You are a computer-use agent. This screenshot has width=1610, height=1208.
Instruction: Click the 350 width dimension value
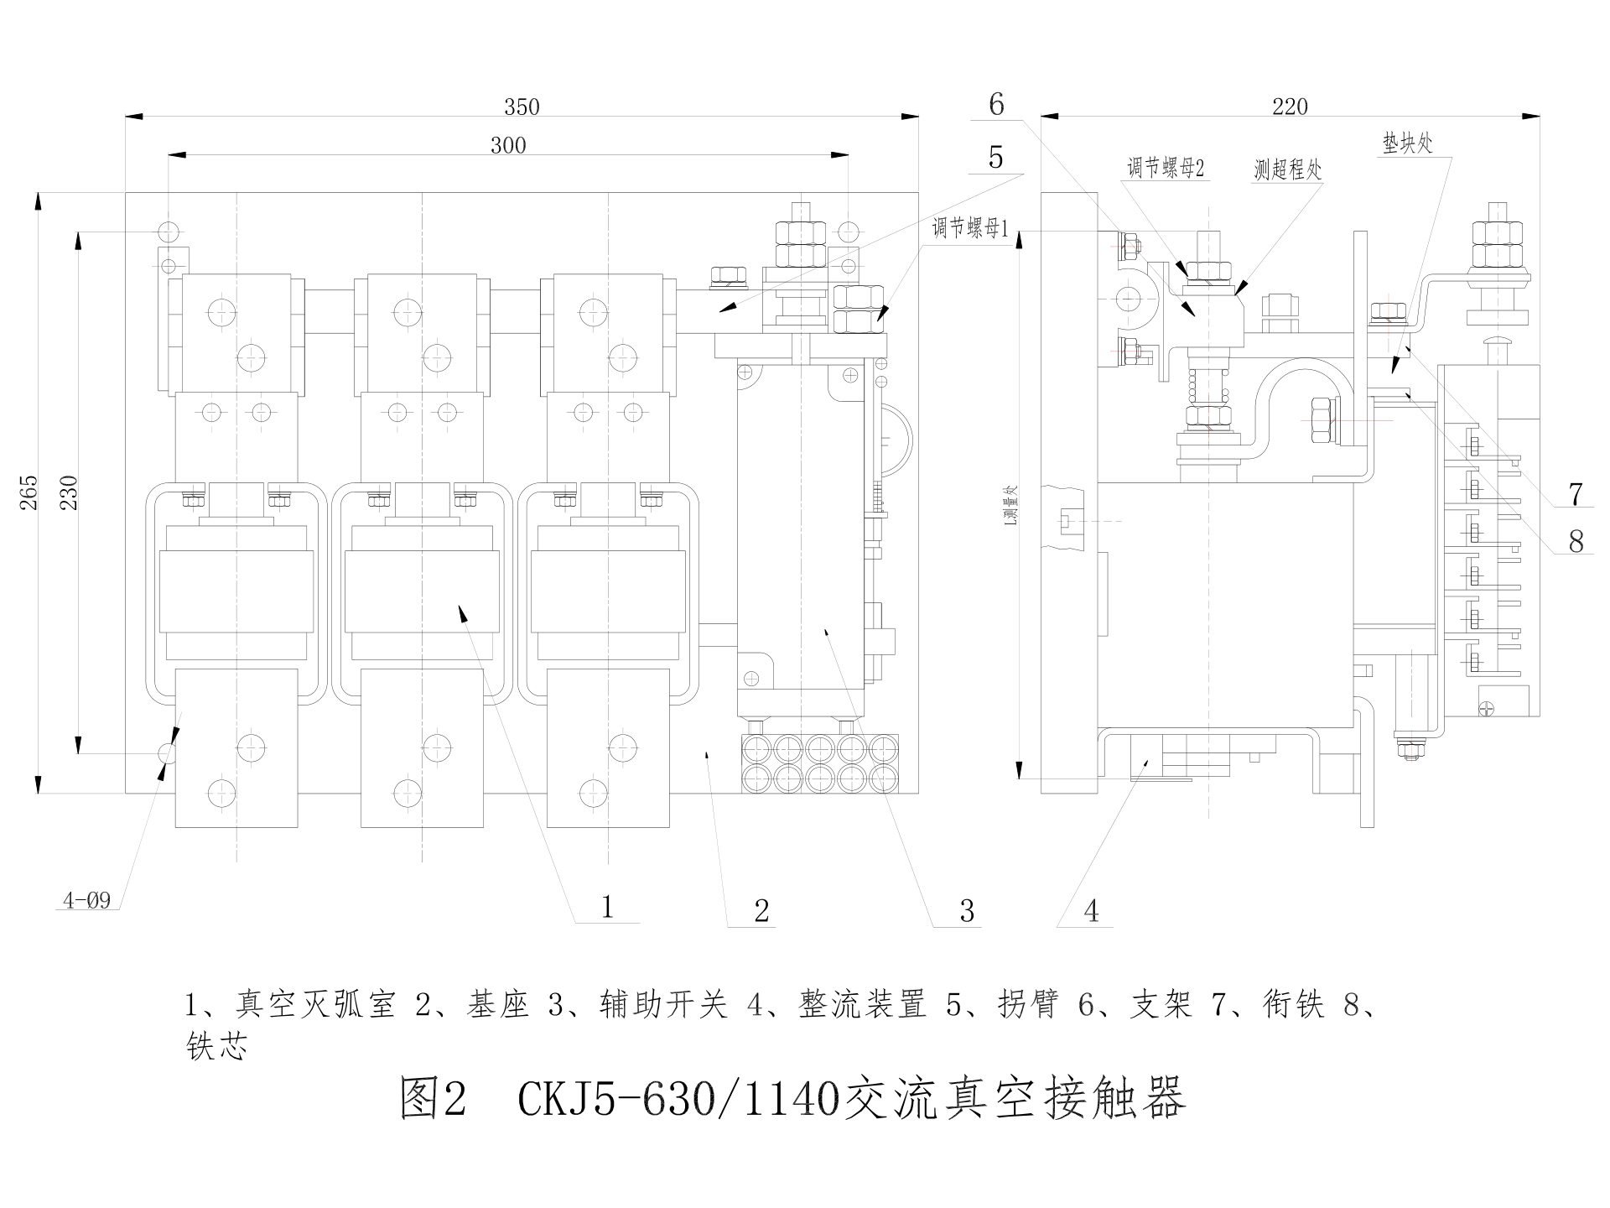coord(522,107)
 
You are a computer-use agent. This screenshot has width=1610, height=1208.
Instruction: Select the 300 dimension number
coord(508,146)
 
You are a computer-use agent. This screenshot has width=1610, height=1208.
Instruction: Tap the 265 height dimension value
coord(29,493)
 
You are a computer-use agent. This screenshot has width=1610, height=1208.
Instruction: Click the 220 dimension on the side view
coord(1290,107)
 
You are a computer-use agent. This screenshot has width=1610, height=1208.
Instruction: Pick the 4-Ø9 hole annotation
coord(87,902)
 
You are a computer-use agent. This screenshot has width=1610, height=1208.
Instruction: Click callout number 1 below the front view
coord(608,906)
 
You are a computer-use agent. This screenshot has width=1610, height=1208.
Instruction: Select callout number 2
coord(761,911)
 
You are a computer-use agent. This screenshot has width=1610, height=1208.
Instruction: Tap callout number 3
coord(967,911)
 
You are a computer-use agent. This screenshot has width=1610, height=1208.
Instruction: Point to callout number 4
coord(1091,911)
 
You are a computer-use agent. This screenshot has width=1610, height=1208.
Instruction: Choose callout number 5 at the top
coord(996,157)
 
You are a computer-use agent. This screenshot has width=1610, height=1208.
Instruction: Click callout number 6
coord(996,104)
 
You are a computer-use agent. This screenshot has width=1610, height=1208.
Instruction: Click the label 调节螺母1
coord(970,228)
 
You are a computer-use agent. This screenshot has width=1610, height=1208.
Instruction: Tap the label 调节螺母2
coord(1166,169)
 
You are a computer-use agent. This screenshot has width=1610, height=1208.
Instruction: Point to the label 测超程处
coord(1288,170)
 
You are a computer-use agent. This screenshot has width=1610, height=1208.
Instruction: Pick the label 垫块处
coord(1408,143)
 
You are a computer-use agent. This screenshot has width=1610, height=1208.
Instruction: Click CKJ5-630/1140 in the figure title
coord(679,1099)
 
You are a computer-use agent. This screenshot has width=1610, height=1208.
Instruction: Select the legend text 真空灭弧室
coord(315,1004)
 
